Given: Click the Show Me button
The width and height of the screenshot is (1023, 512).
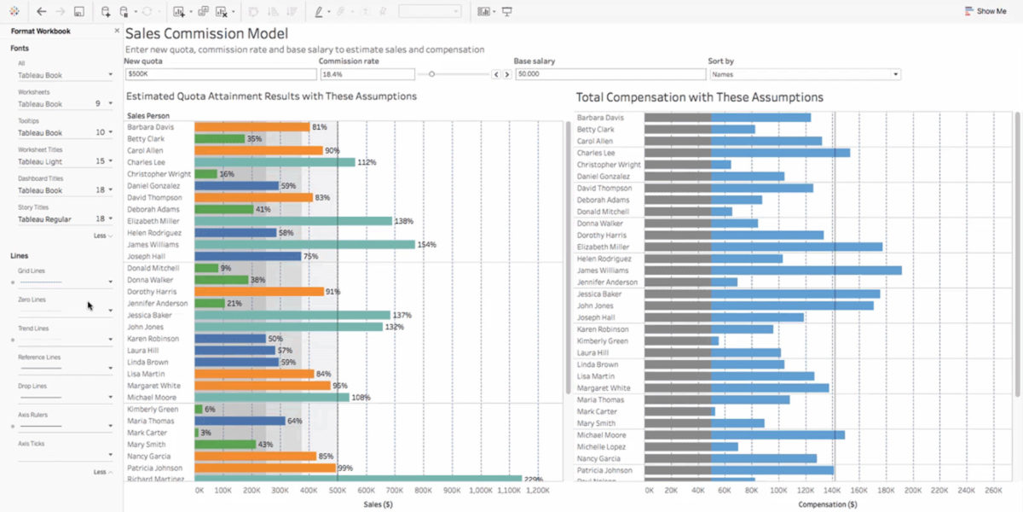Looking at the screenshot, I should coord(985,11).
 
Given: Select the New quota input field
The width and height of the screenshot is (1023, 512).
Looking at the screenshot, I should coord(218,74).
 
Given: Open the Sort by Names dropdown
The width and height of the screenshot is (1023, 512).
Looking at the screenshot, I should coord(804,74).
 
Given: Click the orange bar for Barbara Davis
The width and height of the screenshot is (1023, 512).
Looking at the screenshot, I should coord(251,127).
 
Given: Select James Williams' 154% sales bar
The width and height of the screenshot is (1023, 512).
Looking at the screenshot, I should coord(304,244).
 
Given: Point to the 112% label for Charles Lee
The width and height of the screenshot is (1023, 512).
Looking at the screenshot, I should coord(367,162).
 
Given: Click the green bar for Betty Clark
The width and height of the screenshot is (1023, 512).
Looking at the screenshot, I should coord(219,138).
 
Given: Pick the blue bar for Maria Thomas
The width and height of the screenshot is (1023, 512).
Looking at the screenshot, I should coord(240,421).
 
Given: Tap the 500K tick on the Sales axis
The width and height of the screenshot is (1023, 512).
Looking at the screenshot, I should coord(338,491).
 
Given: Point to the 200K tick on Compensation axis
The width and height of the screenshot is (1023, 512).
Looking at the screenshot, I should coord(913,491).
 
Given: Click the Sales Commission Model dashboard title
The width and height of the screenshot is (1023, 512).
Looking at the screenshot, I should coord(206,34).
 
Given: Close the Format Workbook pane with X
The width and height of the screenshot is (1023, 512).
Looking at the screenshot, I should coord(117,31).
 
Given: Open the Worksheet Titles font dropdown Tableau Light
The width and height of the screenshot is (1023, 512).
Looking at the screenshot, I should coord(65,161).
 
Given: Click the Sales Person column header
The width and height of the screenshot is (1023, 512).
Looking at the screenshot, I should coord(148,115).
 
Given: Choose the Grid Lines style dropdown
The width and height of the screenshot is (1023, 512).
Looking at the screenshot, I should coord(65,281).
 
